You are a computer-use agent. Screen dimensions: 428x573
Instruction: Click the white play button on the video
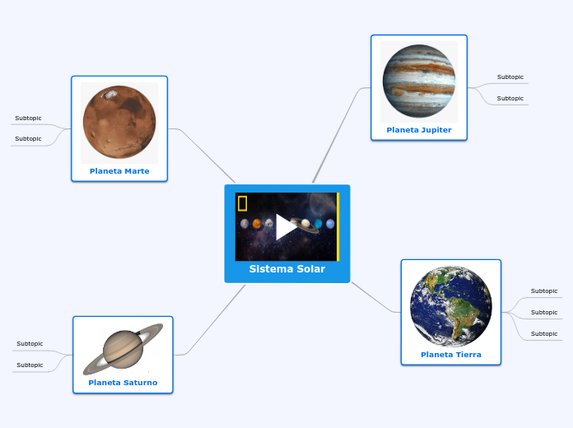286,226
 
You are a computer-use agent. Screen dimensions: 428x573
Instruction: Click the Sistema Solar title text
286,269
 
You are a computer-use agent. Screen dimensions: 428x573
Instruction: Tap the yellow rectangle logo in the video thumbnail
243,203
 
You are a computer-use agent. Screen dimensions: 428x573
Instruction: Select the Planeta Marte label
119,171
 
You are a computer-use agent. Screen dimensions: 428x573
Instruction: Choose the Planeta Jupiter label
418,130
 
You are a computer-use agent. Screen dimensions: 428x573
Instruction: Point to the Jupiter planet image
418,83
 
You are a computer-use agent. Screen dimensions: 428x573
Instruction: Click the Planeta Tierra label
450,355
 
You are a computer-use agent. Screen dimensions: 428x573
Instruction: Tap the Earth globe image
450,306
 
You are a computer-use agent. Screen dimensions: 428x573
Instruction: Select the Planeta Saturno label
123,383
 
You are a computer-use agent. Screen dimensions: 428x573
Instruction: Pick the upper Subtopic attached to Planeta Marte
28,119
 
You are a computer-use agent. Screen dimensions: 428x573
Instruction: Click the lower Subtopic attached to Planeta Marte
28,139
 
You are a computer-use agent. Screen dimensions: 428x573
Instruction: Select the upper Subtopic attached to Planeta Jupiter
510,77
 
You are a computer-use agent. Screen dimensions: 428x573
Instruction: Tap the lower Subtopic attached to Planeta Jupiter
510,99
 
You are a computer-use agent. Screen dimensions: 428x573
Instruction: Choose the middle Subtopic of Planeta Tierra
543,313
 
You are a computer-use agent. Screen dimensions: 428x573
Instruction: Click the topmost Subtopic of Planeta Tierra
543,291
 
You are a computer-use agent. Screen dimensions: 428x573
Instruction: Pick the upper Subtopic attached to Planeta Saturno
30,344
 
